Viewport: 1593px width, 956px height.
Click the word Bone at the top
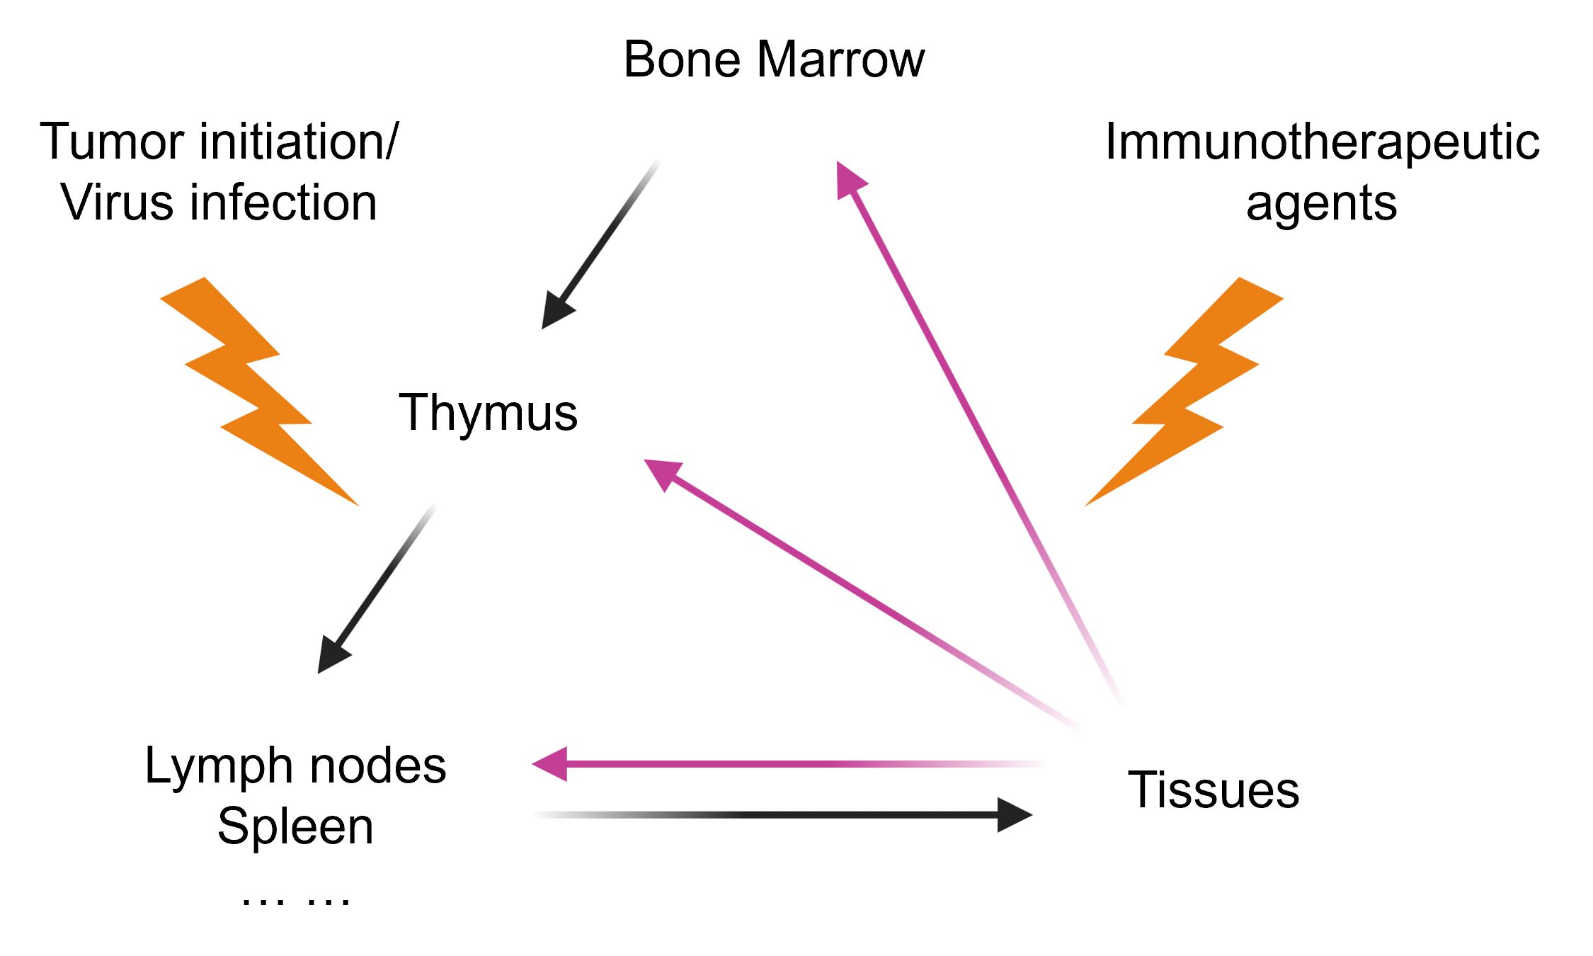(x=683, y=59)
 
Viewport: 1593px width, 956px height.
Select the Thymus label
(x=488, y=412)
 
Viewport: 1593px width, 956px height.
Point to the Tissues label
(x=1213, y=790)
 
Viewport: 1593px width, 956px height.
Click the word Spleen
(x=295, y=826)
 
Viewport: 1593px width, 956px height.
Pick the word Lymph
(x=219, y=767)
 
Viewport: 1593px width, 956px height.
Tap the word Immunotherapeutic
(x=1322, y=142)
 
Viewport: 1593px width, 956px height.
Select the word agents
(x=1321, y=204)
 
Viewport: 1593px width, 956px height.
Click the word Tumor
(x=114, y=142)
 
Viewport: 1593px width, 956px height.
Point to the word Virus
(x=116, y=203)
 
